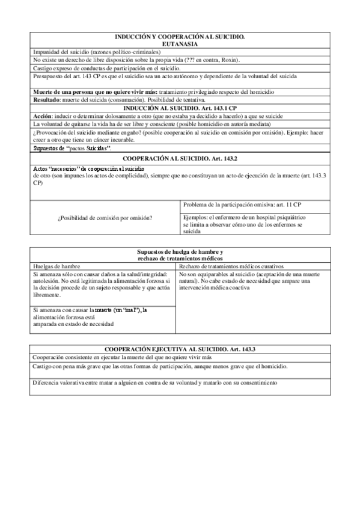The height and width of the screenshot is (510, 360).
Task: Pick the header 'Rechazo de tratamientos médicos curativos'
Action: [232, 266]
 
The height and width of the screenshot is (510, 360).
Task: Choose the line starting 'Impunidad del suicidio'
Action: [85, 52]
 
